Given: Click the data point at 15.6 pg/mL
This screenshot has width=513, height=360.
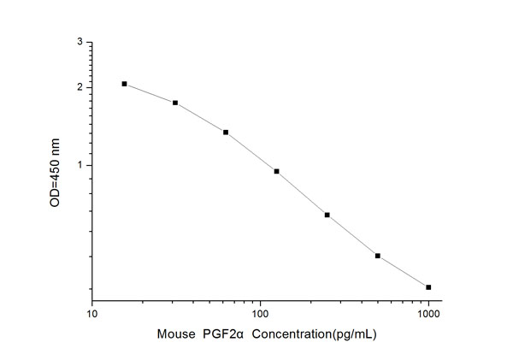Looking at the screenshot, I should pos(124,84).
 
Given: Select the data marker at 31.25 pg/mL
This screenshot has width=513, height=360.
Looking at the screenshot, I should pos(175,103).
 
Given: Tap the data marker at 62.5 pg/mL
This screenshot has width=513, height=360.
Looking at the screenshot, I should pos(226,133).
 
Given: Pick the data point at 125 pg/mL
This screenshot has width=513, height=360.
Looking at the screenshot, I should pos(276,171).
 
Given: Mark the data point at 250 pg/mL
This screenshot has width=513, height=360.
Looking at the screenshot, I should pos(327,215).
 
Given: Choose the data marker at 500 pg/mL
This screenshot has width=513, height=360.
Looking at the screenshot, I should pos(378,256).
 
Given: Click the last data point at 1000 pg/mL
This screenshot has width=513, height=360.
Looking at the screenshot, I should pos(428,287).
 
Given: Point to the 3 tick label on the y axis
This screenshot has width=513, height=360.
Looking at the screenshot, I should pos(80,42).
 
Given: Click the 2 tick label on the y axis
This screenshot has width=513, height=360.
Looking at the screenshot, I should pos(80,87).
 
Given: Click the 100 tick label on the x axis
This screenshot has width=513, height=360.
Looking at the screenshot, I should pos(260,315).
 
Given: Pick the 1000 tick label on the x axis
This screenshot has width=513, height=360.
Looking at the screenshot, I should pos(428,315).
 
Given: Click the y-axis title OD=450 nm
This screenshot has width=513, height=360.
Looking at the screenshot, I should pos(56,170).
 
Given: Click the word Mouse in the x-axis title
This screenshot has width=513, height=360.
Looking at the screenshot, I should pos(175,335).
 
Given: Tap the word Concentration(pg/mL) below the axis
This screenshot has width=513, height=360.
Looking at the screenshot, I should pos(310,335).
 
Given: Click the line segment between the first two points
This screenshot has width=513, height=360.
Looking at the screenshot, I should pos(150,92).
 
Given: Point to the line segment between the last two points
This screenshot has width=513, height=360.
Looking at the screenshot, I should pos(404,272).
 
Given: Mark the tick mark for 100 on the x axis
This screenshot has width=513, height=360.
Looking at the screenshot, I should pos(260,300).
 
